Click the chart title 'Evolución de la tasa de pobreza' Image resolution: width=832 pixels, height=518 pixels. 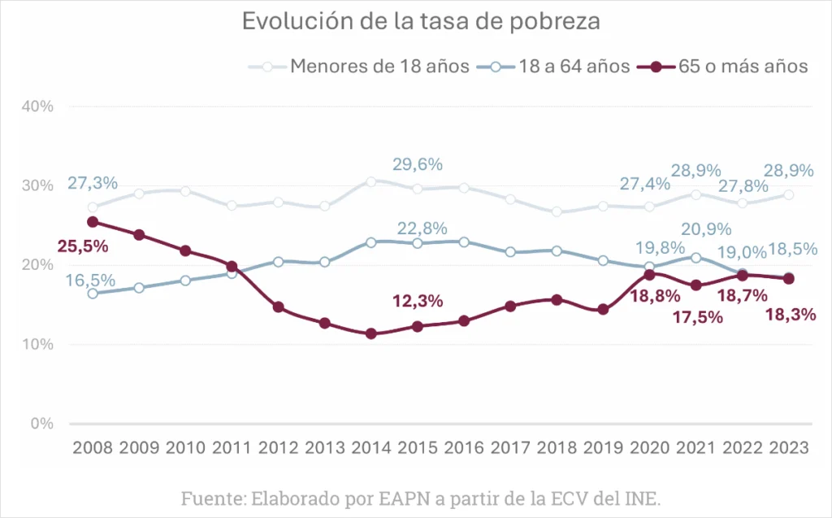coord(421,22)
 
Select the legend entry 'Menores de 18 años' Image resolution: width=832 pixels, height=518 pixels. coord(379,66)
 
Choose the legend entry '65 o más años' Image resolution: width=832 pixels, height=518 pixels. coord(743,66)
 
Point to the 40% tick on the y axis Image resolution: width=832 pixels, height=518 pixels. coord(37,106)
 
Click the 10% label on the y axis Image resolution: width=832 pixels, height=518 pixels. coord(37,344)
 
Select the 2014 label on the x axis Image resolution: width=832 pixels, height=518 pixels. coord(370,449)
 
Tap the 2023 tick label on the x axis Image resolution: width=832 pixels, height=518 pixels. coord(788,449)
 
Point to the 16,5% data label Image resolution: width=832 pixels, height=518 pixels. coord(91,281)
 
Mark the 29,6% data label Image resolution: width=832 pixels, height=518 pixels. coord(417,164)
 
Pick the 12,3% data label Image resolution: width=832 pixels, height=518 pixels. coord(417,301)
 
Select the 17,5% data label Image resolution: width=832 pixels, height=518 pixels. coord(697,317)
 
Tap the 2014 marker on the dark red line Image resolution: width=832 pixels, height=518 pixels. coord(371,333)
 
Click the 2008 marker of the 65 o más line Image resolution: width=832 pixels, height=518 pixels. coord(93,221)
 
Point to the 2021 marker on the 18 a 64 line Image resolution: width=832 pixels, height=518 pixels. coord(695,258)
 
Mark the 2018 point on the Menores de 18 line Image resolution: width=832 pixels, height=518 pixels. coord(557,211)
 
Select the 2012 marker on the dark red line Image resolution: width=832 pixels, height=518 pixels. coord(279,307)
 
